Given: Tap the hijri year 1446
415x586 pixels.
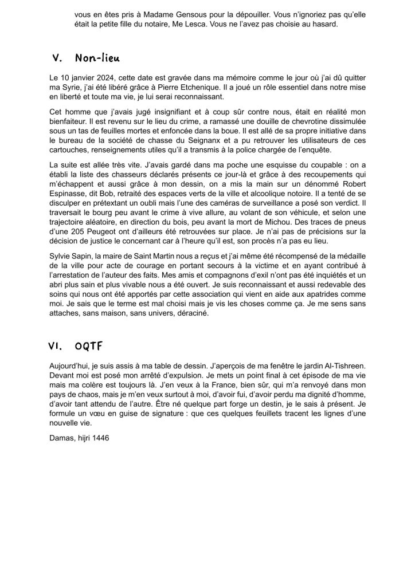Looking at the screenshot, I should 100,436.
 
